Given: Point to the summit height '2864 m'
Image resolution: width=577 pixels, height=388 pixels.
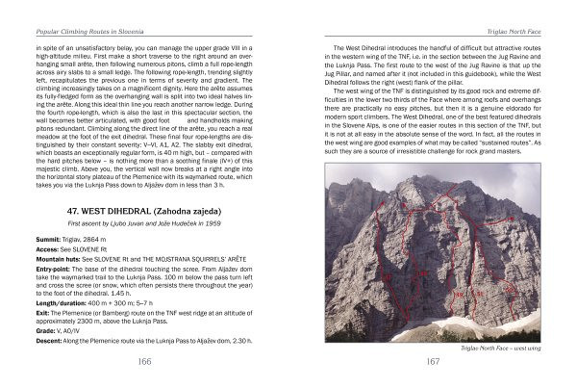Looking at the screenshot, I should click(99, 236).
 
